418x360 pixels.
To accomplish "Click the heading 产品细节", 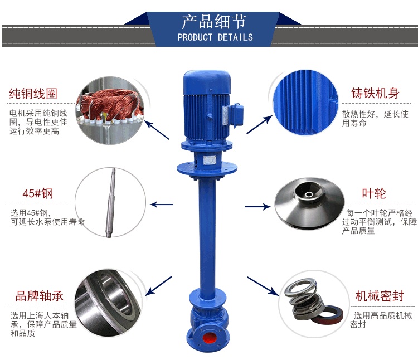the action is [214, 22].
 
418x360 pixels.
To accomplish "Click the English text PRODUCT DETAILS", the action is [215, 37].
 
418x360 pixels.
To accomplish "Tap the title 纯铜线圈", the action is [33, 94].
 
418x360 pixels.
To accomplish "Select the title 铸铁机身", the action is [375, 93].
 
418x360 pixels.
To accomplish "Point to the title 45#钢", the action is [37, 194].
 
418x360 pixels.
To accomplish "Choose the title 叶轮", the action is [374, 193].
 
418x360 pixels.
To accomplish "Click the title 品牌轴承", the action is [39, 296].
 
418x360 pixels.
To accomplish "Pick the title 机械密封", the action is [380, 296].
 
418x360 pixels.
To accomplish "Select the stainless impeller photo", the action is [309, 203].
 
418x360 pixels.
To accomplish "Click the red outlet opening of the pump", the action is [209, 338].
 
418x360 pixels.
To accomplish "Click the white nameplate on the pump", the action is [210, 160].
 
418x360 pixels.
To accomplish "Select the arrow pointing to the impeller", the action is [257, 207].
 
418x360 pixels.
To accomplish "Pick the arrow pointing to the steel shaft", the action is [162, 205].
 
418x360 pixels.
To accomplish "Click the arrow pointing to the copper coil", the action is [157, 130].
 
